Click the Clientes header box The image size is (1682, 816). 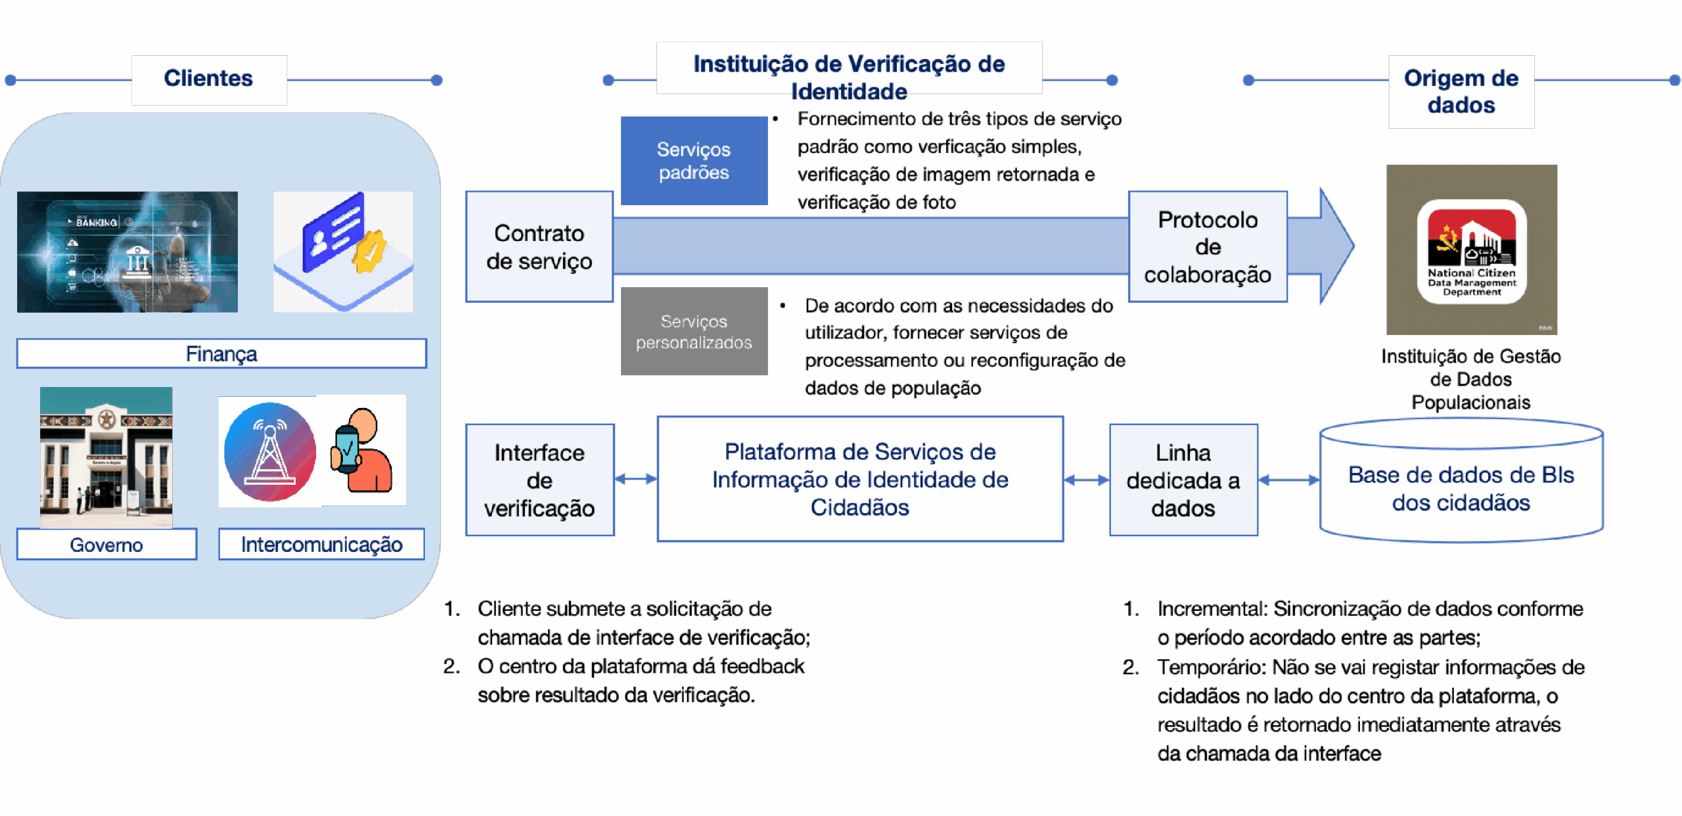[209, 79]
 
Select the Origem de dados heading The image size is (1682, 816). [1461, 91]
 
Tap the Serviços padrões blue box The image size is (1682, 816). [694, 161]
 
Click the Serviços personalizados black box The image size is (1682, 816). [694, 332]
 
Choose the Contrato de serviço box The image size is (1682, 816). [539, 247]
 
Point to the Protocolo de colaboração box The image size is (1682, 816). [1208, 247]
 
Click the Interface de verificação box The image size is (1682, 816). [539, 480]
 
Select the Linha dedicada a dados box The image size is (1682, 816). [1183, 480]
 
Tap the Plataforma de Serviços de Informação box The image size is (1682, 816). [860, 479]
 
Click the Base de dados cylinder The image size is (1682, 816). [1461, 486]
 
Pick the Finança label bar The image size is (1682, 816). [221, 353]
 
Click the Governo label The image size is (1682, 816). [106, 545]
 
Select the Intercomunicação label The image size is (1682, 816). [321, 545]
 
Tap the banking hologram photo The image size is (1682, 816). [127, 252]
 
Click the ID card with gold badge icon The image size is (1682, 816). [343, 252]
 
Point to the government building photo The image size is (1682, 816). [106, 457]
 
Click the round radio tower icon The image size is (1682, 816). [269, 452]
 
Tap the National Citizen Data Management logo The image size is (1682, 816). [1472, 251]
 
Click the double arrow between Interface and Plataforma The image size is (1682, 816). [635, 479]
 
